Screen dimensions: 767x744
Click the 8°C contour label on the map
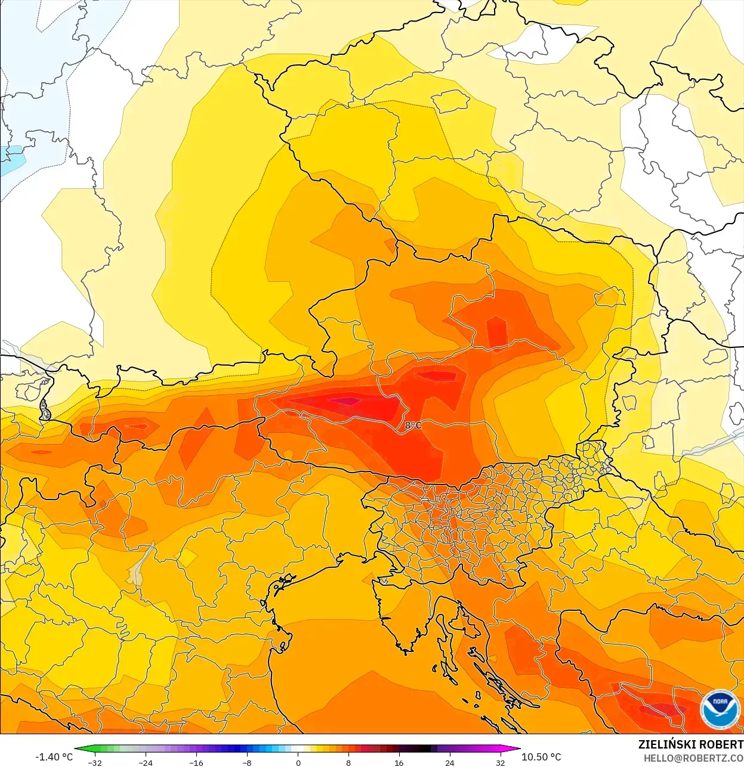[413, 426]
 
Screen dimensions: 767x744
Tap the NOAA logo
[719, 709]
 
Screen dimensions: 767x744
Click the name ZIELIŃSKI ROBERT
[690, 744]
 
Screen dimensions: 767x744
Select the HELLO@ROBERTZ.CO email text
[693, 759]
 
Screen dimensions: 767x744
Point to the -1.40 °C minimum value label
[54, 757]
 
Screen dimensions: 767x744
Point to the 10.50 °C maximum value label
[541, 757]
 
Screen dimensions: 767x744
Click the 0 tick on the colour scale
[298, 762]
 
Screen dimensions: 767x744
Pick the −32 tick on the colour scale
[95, 762]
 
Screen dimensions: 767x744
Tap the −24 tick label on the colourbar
[146, 762]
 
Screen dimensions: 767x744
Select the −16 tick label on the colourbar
[196, 762]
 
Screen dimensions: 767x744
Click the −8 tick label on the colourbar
[247, 762]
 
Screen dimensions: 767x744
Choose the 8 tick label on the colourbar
[348, 762]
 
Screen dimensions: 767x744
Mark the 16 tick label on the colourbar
[399, 762]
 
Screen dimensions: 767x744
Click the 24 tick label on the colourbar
[449, 762]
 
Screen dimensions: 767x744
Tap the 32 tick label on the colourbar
[500, 762]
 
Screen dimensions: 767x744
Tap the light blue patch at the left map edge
[11, 160]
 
